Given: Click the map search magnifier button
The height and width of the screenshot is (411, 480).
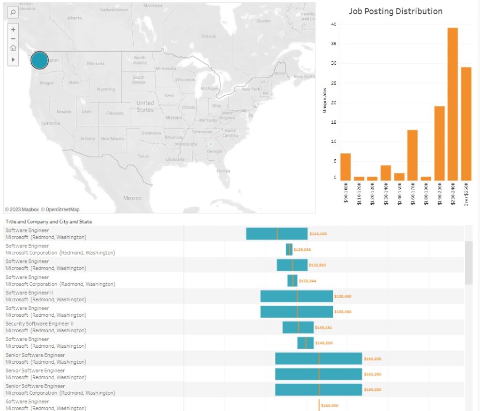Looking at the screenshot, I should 13,12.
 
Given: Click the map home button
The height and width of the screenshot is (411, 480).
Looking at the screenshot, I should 13,48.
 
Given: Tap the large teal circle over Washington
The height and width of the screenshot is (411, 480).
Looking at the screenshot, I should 39,60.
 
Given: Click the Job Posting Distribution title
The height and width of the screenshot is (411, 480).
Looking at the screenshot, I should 395,11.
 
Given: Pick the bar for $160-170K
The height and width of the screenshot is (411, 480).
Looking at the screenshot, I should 412,155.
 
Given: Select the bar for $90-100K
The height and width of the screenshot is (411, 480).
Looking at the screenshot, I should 345,167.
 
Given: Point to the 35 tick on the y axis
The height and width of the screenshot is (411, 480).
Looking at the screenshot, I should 333,44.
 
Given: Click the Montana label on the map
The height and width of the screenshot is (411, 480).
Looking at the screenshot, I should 96,63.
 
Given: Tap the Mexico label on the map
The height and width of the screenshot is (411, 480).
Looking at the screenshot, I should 132,198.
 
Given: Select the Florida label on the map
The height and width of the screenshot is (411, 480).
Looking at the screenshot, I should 223,171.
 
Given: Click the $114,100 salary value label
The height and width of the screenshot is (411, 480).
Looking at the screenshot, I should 318,233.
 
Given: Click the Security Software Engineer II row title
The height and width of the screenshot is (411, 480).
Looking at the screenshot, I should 39,323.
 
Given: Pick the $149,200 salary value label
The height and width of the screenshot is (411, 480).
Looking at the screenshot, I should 323,343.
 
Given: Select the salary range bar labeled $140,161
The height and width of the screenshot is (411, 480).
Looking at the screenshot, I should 298,327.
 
